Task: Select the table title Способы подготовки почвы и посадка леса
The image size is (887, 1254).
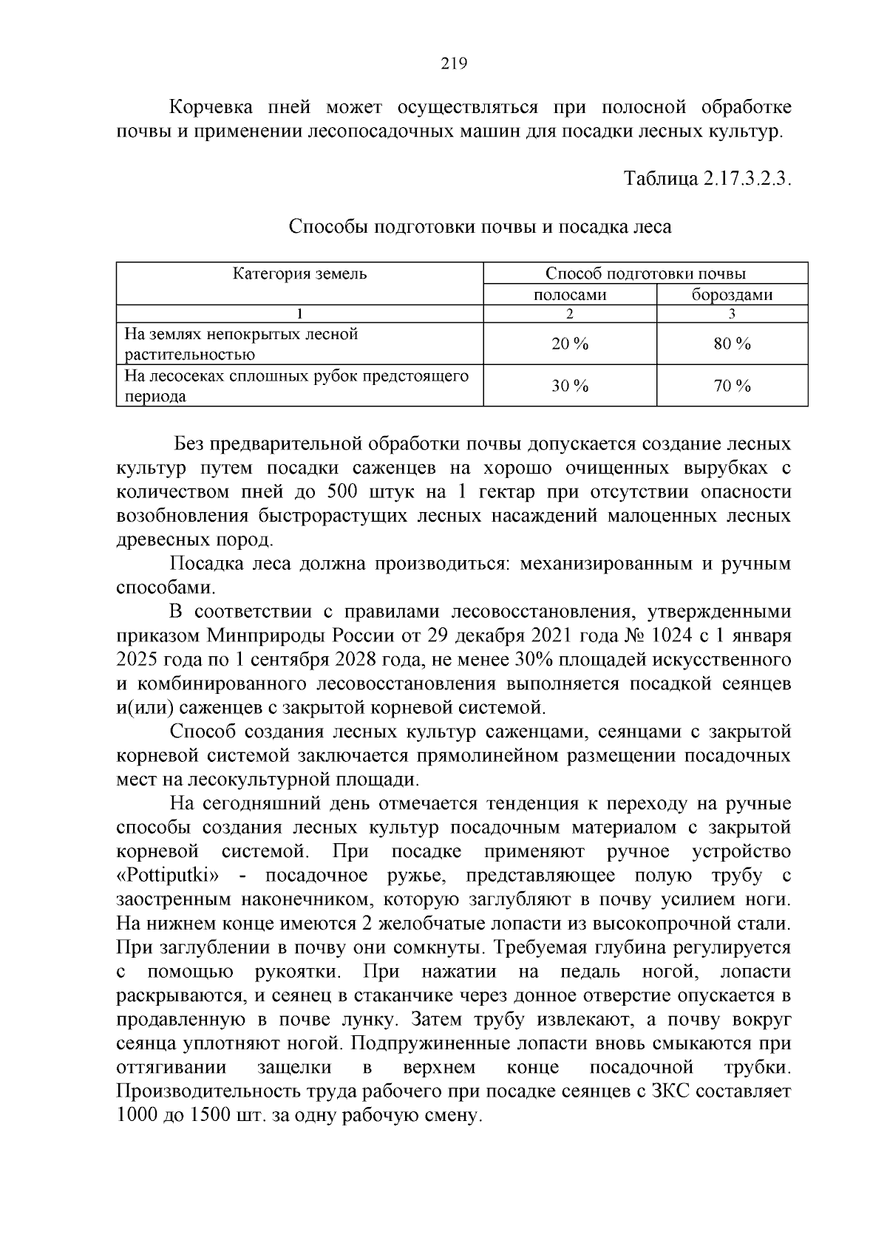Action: (480, 227)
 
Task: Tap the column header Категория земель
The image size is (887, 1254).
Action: (300, 273)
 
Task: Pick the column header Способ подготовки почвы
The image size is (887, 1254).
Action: (645, 273)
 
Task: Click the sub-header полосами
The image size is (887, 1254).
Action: (570, 295)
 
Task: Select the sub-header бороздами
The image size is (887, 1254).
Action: (732, 295)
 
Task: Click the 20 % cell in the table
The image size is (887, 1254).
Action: (570, 344)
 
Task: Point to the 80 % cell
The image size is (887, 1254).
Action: (732, 344)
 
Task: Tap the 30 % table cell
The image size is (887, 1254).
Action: (570, 386)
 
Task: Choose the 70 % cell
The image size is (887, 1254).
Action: (732, 386)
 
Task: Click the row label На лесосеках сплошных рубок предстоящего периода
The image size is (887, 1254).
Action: (296, 386)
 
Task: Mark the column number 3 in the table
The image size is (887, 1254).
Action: (732, 313)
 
